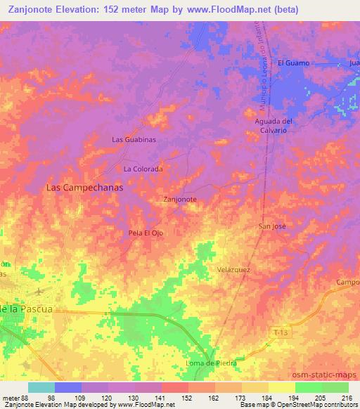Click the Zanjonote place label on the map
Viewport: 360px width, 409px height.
[179, 199]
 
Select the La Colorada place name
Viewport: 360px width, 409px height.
[143, 169]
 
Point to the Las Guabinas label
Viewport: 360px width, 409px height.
[134, 140]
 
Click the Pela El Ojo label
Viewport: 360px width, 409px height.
[146, 233]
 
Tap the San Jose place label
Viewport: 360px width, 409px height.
[273, 226]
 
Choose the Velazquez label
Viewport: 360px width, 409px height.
[234, 269]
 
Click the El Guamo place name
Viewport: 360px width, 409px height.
[294, 63]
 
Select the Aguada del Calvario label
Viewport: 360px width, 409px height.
[273, 126]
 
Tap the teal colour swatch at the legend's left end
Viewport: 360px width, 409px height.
[41, 387]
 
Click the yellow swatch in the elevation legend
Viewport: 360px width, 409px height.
[282, 387]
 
